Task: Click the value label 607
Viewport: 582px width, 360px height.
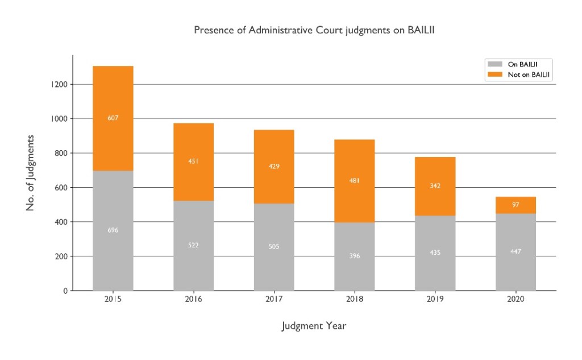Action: tap(113, 118)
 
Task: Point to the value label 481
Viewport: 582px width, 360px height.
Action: tap(355, 181)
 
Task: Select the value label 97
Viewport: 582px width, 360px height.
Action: tap(516, 205)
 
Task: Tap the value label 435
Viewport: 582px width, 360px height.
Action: tap(435, 253)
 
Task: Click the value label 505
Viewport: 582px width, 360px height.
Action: tap(274, 247)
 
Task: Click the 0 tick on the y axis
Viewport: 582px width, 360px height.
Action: tap(65, 291)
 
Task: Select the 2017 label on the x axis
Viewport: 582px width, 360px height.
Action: tap(274, 300)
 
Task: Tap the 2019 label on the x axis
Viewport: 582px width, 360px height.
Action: tap(435, 300)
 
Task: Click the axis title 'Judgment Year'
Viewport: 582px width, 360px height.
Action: tap(314, 326)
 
